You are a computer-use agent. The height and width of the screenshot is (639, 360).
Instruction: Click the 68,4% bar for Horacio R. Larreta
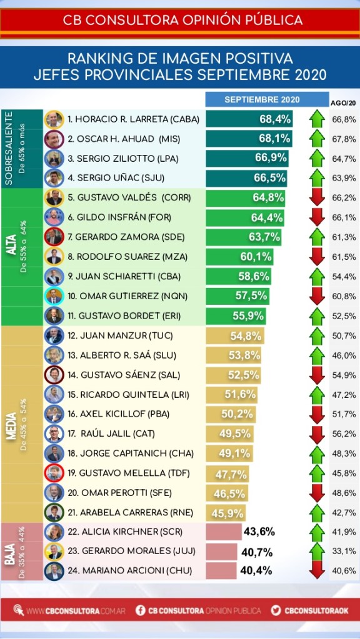[249, 119]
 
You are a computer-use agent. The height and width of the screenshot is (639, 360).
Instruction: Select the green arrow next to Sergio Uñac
[317, 178]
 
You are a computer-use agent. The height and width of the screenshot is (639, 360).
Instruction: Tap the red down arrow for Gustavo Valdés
[317, 197]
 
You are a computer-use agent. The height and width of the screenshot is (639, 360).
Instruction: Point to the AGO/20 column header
[342, 103]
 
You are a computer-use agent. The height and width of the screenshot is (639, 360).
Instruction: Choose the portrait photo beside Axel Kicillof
[54, 414]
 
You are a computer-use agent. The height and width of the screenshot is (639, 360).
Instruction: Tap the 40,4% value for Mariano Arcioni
[256, 570]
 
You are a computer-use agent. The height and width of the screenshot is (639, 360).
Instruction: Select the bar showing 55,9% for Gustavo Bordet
[236, 316]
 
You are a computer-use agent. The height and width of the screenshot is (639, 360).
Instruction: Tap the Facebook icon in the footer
[140, 610]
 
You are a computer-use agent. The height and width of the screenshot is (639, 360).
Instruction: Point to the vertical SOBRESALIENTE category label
[9, 149]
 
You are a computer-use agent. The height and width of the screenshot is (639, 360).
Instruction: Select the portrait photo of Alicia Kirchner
[54, 532]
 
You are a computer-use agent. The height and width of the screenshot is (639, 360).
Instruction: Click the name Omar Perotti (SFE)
[126, 493]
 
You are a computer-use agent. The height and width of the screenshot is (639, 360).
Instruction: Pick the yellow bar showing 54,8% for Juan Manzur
[235, 336]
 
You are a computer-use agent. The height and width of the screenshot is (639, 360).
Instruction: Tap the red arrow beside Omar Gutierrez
[317, 296]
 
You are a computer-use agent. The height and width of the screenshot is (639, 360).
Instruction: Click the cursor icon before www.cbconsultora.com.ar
[19, 610]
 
